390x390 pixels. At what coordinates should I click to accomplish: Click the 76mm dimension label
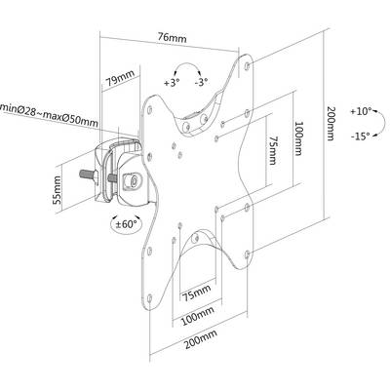click(x=173, y=38)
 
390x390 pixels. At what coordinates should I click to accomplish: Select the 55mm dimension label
click(x=57, y=190)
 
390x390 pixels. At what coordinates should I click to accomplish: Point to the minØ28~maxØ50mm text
click(x=49, y=112)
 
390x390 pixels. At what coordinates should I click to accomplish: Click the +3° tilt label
click(x=172, y=83)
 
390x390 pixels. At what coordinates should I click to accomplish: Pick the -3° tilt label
click(x=202, y=83)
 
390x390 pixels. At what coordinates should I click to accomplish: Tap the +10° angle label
click(x=361, y=111)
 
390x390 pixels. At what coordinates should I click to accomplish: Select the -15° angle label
click(x=361, y=136)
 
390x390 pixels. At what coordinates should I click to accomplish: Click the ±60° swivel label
click(x=126, y=224)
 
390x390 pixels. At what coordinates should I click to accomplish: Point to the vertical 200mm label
click(x=331, y=124)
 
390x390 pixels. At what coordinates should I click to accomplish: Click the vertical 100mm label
click(x=298, y=138)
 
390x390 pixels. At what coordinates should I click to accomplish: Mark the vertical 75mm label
click(x=272, y=150)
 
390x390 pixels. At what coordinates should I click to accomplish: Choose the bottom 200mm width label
click(x=201, y=339)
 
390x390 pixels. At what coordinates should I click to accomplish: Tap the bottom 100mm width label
click(x=198, y=316)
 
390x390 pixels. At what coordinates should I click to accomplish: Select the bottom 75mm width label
click(x=196, y=292)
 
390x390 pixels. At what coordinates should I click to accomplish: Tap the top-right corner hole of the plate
click(x=247, y=66)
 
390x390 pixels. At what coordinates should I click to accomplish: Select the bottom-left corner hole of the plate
click(x=149, y=298)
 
